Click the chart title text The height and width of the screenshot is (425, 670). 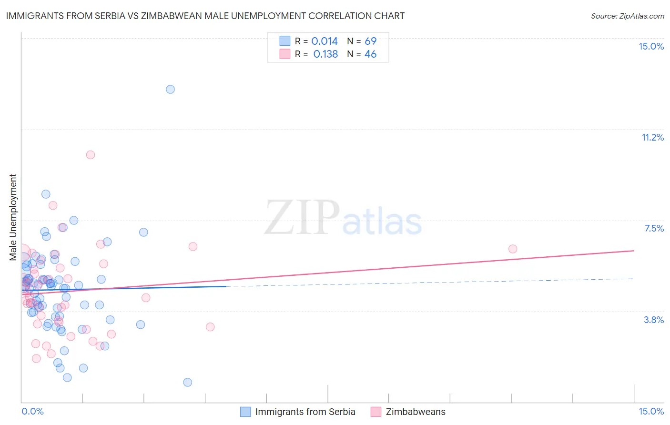pos(205,16)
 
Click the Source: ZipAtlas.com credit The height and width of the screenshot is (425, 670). pos(627,16)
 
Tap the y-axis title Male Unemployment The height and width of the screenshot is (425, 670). pos(13,217)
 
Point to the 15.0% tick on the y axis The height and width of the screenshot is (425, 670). pos(651,46)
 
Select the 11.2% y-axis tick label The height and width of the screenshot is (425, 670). pos(652,137)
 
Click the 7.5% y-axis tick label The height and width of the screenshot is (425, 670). pos(654,228)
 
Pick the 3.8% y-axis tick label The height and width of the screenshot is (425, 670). pos(654,320)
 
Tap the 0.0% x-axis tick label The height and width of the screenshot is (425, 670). pos(32,412)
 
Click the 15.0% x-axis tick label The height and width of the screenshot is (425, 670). pos(651,412)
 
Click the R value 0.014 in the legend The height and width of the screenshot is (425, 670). pos(325,41)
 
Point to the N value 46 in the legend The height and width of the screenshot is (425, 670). pos(370,54)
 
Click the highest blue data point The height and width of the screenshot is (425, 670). pos(170,89)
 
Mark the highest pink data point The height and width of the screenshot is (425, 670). pos(91,155)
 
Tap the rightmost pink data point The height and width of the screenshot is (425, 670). pos(513,249)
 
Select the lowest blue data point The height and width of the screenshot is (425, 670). pos(188,382)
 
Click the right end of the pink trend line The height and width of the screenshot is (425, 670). pos(634,251)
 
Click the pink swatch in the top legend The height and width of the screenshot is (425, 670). pos(285,54)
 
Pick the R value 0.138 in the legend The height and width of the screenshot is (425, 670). pos(325,54)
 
